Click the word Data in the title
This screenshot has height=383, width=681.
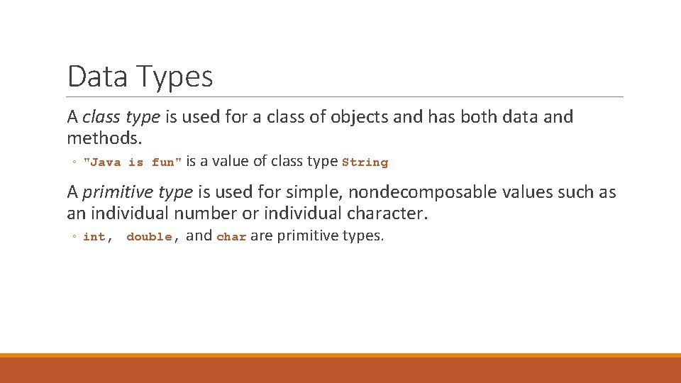97,77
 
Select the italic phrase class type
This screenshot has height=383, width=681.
121,117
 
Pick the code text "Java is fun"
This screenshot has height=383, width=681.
133,162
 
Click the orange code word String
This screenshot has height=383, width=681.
365,162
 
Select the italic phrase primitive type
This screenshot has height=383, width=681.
138,192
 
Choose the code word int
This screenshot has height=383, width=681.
94,237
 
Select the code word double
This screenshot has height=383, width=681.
149,237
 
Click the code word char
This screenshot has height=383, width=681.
231,237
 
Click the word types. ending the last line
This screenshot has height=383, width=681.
362,236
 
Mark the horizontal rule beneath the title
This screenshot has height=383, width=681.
345,97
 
